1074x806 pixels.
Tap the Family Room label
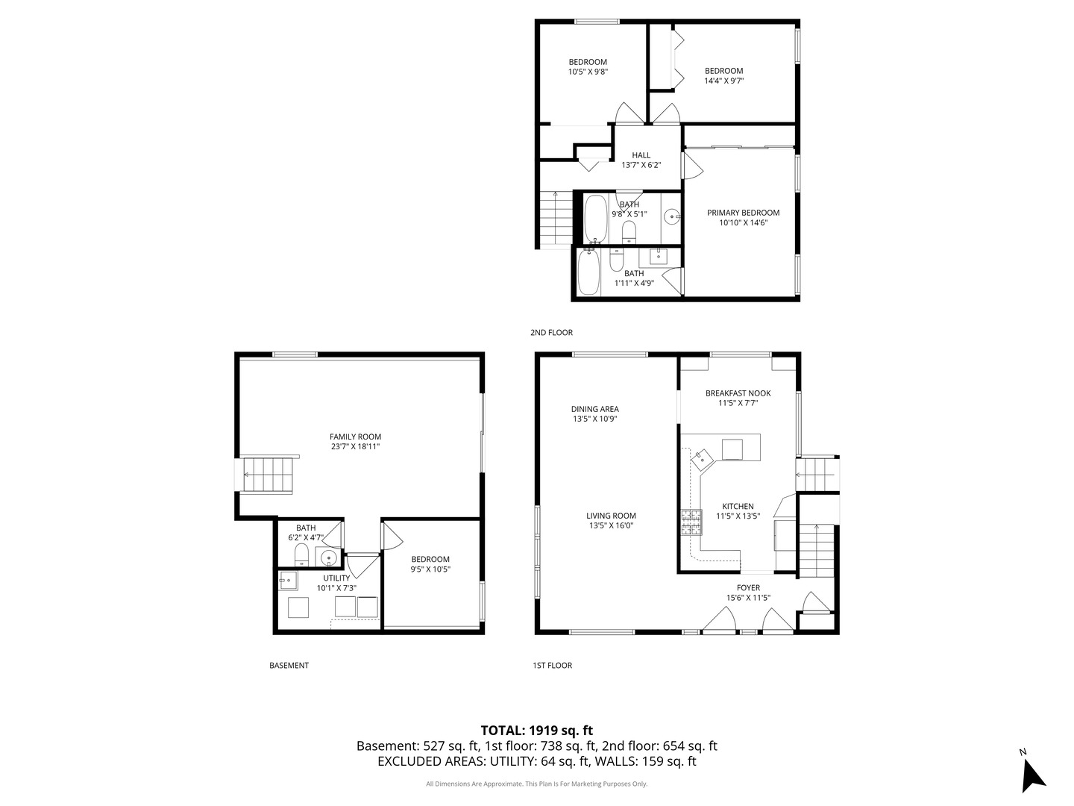click(355, 437)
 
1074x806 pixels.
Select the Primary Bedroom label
click(743, 213)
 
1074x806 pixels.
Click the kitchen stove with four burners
click(691, 522)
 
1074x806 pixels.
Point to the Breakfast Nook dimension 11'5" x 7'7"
click(738, 403)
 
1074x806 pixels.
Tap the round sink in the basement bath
click(327, 557)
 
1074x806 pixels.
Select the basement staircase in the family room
click(268, 475)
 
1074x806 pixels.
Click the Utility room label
click(336, 578)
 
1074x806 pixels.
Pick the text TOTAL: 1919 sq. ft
click(536, 731)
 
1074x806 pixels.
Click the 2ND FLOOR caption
click(551, 333)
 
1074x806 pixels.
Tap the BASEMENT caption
click(289, 666)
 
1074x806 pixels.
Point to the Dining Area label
click(594, 409)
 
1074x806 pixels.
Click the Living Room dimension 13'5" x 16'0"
click(611, 525)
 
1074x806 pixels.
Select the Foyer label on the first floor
click(748, 588)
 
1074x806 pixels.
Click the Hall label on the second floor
click(641, 156)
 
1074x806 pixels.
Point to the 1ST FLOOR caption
click(552, 666)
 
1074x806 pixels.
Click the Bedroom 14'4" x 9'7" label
click(723, 76)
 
